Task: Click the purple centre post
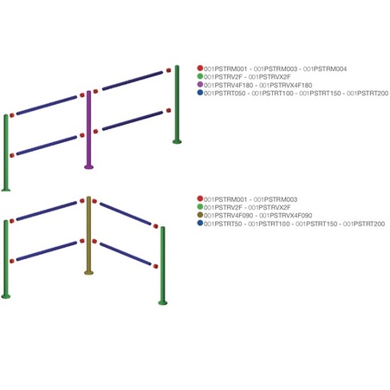[x=88, y=129]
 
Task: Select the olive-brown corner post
[x=88, y=235]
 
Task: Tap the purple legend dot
[x=200, y=85]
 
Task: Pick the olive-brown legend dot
[x=200, y=215]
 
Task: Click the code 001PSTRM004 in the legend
[x=325, y=68]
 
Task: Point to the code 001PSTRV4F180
[x=228, y=85]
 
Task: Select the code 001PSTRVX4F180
[x=286, y=85]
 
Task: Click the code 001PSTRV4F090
[x=228, y=216]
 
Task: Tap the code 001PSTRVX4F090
[x=286, y=216]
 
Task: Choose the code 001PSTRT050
[x=224, y=94]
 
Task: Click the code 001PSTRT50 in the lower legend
[x=223, y=224]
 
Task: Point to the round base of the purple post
[x=88, y=166]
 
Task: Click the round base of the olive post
[x=88, y=272]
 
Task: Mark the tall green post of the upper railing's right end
[x=177, y=104]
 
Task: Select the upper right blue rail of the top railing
[x=133, y=81]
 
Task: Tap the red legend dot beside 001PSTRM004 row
[x=200, y=68]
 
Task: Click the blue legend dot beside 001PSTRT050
[x=200, y=93]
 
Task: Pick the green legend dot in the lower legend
[x=200, y=207]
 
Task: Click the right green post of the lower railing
[x=163, y=265]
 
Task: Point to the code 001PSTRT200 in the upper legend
[x=367, y=94]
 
